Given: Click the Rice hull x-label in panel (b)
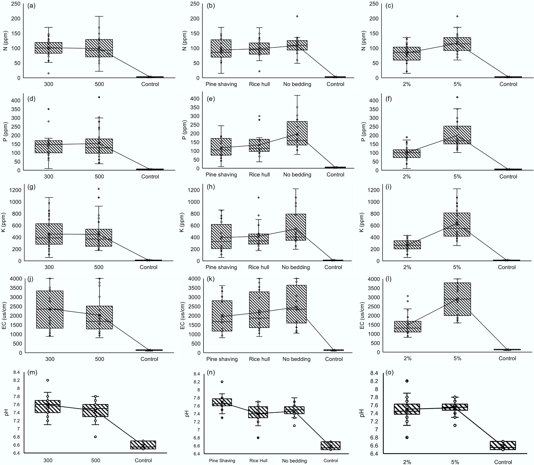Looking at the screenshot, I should pyautogui.click(x=259, y=84).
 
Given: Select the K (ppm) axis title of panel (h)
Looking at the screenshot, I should pyautogui.click(x=182, y=222).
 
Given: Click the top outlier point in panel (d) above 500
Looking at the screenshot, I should pyautogui.click(x=99, y=97).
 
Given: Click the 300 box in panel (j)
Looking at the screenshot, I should pyautogui.click(x=50, y=309).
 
